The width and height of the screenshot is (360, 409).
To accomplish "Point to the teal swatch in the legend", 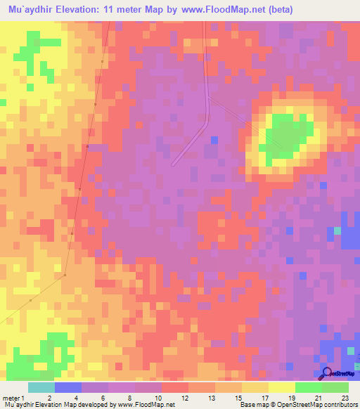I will click(x=41, y=387).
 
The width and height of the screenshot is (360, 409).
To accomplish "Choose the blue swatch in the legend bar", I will click(x=67, y=387).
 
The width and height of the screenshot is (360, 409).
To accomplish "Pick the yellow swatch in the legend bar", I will click(x=281, y=387).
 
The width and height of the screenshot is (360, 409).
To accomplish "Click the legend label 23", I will click(x=345, y=398).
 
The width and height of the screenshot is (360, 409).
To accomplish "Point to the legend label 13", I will click(x=210, y=398).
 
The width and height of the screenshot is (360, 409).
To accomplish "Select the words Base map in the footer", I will click(x=252, y=405).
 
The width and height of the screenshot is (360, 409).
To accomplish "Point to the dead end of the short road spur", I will click(x=174, y=164).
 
